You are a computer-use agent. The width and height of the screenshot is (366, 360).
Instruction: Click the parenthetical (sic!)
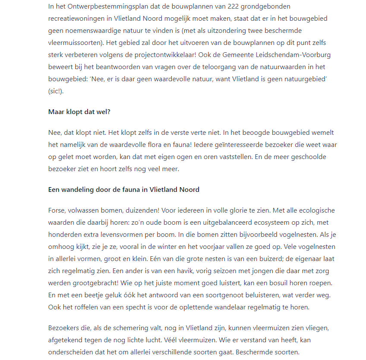click(x=56, y=92)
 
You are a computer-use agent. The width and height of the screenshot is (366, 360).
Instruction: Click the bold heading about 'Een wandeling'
click(x=124, y=189)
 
